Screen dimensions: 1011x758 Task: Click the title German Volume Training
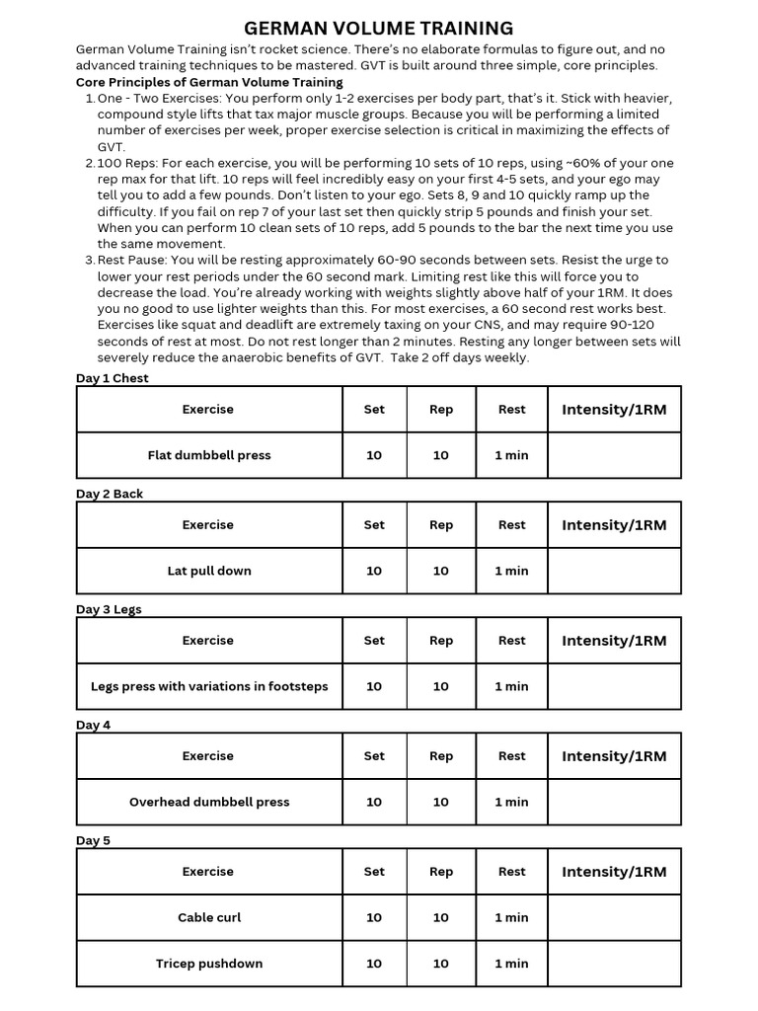coord(379,28)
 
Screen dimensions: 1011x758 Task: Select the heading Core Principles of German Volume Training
coord(209,82)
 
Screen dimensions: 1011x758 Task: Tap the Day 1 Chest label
coord(113,378)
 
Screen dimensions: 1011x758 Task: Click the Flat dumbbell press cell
coord(209,455)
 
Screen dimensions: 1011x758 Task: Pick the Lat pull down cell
coord(209,571)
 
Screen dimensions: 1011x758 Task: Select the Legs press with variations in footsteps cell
coord(209,686)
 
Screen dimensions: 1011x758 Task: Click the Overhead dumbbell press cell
coord(209,802)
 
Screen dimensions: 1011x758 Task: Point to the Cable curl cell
coord(209,917)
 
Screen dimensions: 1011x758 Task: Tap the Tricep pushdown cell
coord(209,964)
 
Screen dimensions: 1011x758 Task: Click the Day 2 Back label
coord(110,494)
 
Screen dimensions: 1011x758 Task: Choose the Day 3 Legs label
coord(109,609)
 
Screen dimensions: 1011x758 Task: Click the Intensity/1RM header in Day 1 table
coord(614,410)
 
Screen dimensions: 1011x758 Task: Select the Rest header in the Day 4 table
coord(511,756)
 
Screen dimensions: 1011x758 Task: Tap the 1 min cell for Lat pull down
coord(511,571)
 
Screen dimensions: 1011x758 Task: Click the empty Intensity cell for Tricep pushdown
coord(614,964)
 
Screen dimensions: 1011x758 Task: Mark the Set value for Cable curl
coord(374,917)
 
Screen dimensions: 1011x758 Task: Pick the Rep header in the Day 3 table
coord(441,641)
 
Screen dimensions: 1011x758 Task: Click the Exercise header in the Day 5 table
coord(208,872)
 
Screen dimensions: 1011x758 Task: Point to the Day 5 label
coord(94,840)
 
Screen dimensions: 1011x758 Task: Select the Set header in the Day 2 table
coord(374,525)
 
